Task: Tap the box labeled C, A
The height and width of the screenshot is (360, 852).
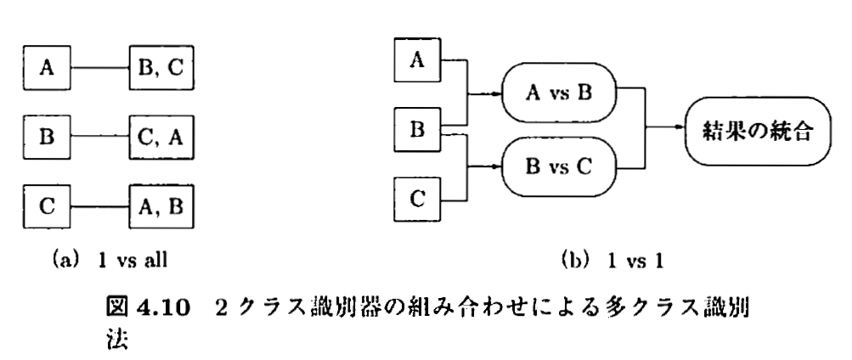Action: (161, 136)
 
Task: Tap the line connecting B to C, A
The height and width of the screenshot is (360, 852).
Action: (101, 136)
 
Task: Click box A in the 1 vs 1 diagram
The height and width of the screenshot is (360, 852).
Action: (416, 60)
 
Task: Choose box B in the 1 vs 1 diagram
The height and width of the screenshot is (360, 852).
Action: (416, 130)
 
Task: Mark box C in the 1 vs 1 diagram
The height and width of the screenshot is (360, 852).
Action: (416, 200)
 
